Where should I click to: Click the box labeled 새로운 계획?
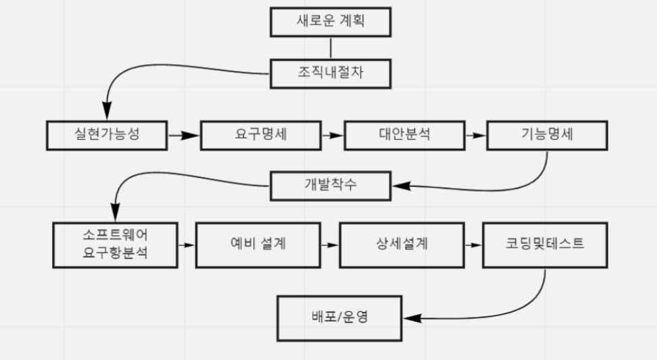click(x=331, y=22)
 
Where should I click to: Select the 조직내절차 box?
click(x=331, y=73)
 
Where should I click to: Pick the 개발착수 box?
click(x=331, y=185)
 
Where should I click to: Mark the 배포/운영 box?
click(x=340, y=317)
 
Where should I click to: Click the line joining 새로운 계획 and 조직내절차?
click(x=331, y=48)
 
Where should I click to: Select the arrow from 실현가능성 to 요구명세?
click(x=183, y=135)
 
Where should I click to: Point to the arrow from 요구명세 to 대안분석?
click(x=332, y=135)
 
